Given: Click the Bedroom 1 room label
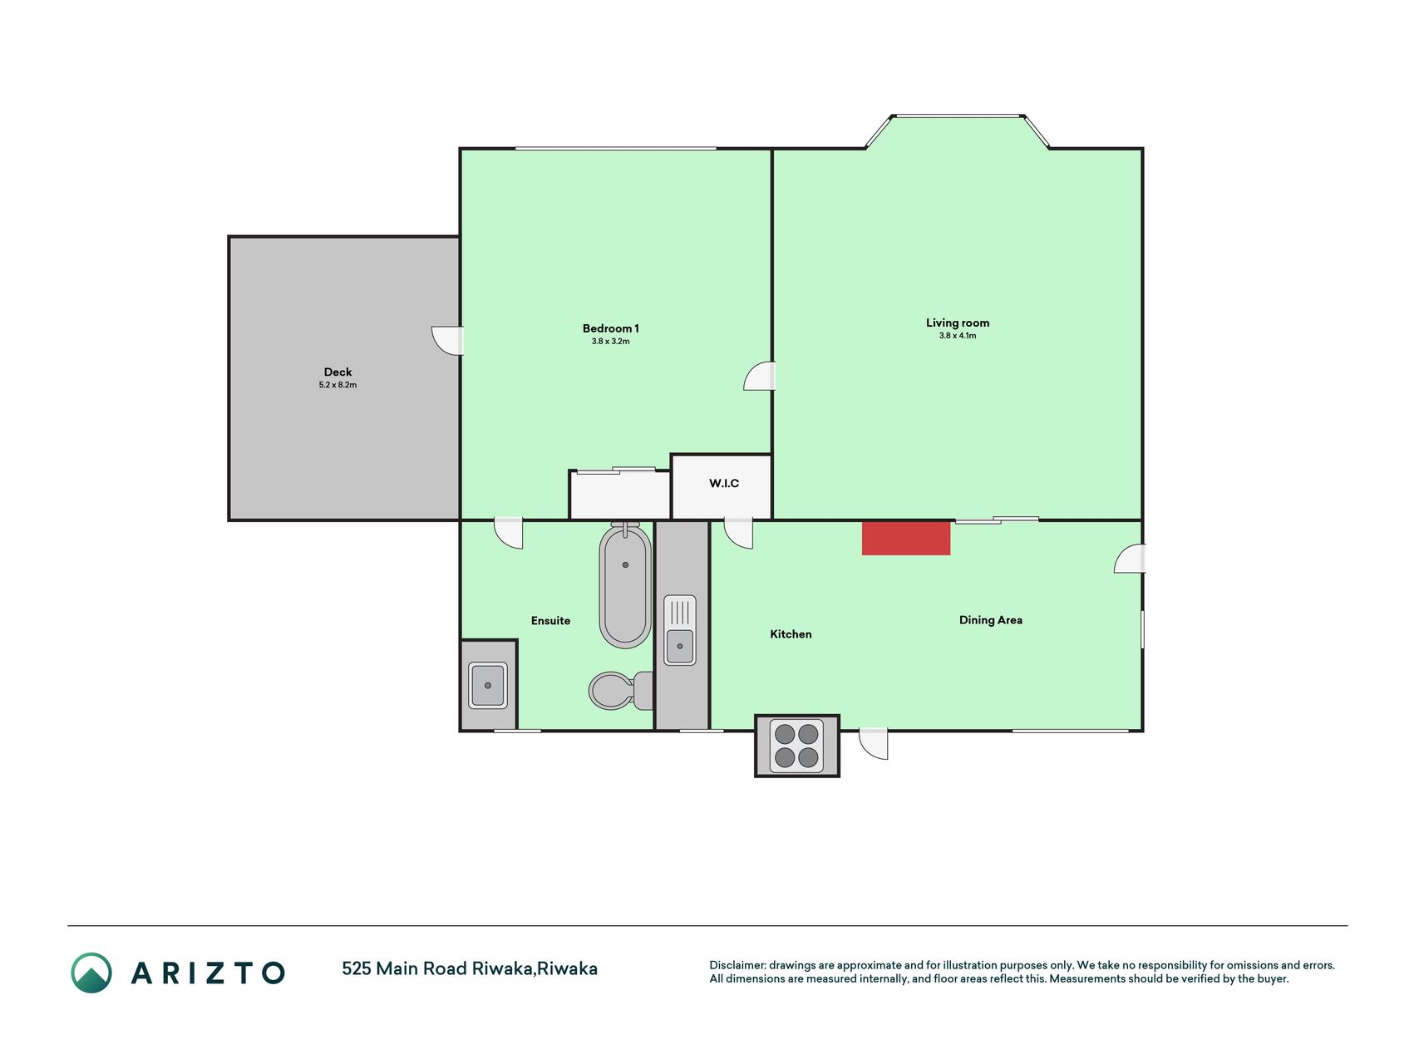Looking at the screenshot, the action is (610, 328).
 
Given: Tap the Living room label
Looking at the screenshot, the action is (958, 323).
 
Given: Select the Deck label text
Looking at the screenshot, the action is (338, 372).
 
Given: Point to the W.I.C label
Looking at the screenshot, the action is (723, 483).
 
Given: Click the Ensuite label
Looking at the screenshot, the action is (550, 620).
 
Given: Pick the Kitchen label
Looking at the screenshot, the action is (791, 634).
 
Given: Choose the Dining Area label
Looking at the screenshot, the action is (991, 620).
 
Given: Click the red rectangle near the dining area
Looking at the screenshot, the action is (906, 538).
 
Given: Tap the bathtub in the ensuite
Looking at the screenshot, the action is (625, 585).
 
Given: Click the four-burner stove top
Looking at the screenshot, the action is (796, 746).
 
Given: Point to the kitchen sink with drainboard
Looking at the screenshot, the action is (680, 630).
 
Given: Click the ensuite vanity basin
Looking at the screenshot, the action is (488, 685).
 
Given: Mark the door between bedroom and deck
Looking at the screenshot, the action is (447, 341).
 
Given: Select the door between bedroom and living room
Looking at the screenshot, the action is (759, 376).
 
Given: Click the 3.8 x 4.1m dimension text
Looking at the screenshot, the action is (958, 336).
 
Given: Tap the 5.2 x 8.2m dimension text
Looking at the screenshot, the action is (338, 385).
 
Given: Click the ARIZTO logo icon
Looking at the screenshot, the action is (91, 973).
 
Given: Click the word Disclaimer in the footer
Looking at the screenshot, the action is (737, 965).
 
